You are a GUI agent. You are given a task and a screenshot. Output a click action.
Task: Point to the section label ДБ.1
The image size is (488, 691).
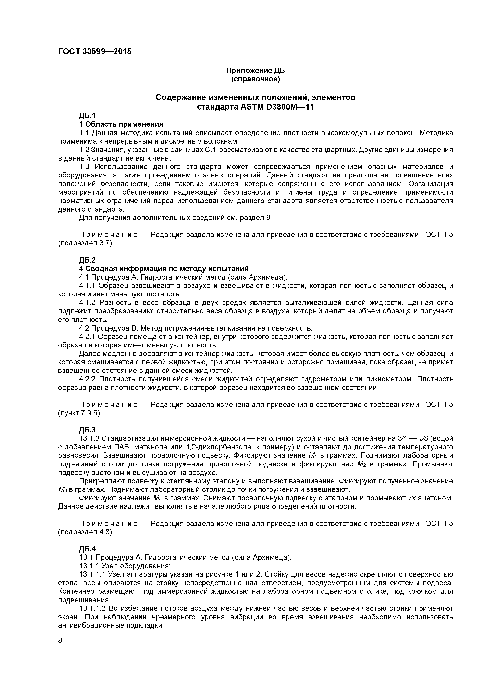[x=87, y=116]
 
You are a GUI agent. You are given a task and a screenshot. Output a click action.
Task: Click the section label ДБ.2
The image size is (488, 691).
[x=87, y=260]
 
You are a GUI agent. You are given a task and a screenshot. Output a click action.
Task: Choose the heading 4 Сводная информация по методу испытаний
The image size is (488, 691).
[x=164, y=268]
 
